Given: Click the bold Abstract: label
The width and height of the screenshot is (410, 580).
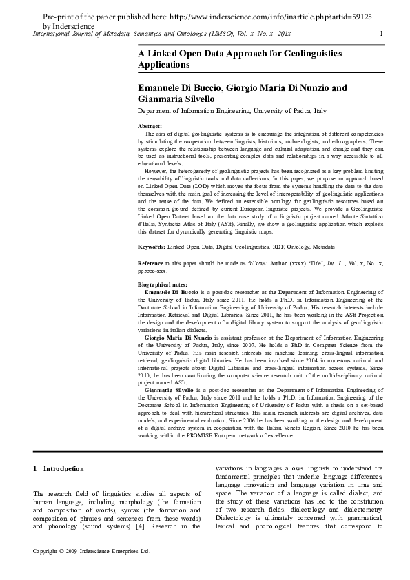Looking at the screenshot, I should (150, 127).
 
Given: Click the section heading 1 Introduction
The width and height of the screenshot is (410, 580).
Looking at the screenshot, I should (59, 469).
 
